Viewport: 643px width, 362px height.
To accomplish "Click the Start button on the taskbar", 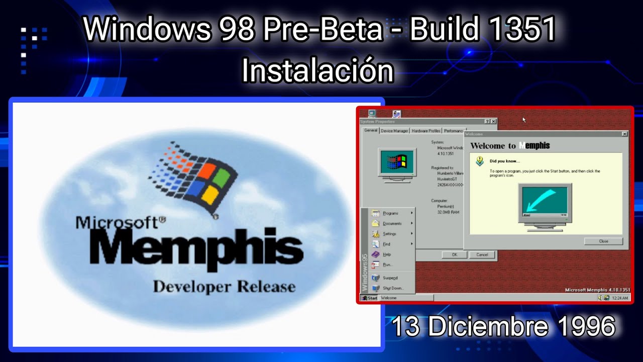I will [x=370, y=298].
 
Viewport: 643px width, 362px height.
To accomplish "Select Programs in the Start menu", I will [x=390, y=213].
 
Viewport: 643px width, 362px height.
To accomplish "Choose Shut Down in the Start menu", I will [x=393, y=288].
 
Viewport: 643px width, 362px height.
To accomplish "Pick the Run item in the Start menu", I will [x=387, y=264].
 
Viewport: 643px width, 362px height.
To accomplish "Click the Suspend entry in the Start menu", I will [x=390, y=278].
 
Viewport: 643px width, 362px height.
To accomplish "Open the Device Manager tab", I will [x=394, y=131].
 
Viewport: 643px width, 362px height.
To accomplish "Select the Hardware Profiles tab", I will [x=426, y=131].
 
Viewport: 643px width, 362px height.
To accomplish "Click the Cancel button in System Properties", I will [x=482, y=255].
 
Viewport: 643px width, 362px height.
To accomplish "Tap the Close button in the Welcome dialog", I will [x=603, y=241].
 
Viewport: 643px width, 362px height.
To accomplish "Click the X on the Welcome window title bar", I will [x=624, y=134].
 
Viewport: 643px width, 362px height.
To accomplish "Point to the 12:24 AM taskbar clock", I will [x=620, y=298].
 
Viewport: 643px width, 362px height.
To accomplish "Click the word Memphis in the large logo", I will [x=196, y=249].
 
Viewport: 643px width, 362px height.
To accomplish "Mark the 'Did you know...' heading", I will [x=505, y=161].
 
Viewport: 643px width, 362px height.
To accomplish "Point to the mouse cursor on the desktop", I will [x=523, y=120].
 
